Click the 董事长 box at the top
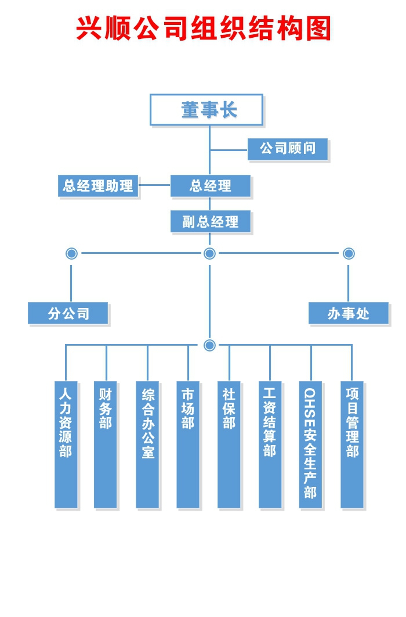click(206, 110)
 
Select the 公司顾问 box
click(288, 149)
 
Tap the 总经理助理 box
click(99, 186)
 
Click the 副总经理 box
click(211, 221)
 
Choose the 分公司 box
click(68, 314)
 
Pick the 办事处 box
click(348, 314)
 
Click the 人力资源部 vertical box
click(66, 444)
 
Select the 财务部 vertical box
click(106, 444)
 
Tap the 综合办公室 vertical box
click(147, 444)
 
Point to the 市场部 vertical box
click(188, 444)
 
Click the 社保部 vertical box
click(229, 444)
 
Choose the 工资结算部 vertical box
click(270, 444)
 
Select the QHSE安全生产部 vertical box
click(310, 444)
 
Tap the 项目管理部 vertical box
click(352, 444)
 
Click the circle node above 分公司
click(71, 253)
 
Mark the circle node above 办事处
click(349, 253)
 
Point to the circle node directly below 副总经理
click(210, 253)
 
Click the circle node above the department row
click(210, 345)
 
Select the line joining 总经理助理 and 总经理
click(154, 186)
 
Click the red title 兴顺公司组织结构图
click(203, 28)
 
